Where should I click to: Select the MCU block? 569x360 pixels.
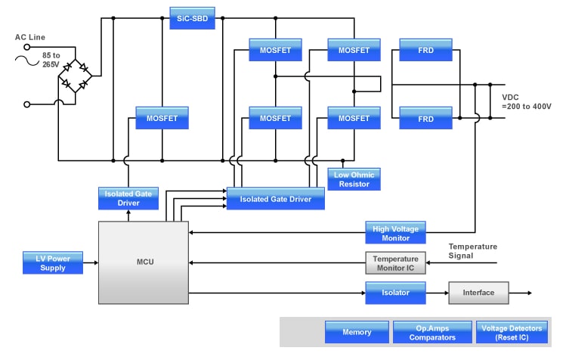(x=144, y=262)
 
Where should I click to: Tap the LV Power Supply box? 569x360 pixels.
(x=53, y=262)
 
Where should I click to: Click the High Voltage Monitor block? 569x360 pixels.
(x=395, y=232)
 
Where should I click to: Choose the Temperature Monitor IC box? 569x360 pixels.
(x=395, y=262)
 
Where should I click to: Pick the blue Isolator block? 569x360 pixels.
(x=395, y=293)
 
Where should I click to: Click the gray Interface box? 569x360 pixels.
(x=478, y=293)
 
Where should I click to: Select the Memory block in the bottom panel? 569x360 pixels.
(x=356, y=332)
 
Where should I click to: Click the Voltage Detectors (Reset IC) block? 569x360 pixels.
(x=512, y=332)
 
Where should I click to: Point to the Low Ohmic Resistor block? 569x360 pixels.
(x=354, y=179)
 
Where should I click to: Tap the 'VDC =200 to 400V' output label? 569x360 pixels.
(x=527, y=101)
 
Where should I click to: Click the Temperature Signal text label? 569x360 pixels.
(x=472, y=251)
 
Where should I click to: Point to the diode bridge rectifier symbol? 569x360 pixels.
(x=76, y=76)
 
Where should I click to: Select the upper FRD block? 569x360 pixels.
(x=425, y=51)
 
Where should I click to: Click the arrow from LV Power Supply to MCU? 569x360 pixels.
(x=91, y=263)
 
